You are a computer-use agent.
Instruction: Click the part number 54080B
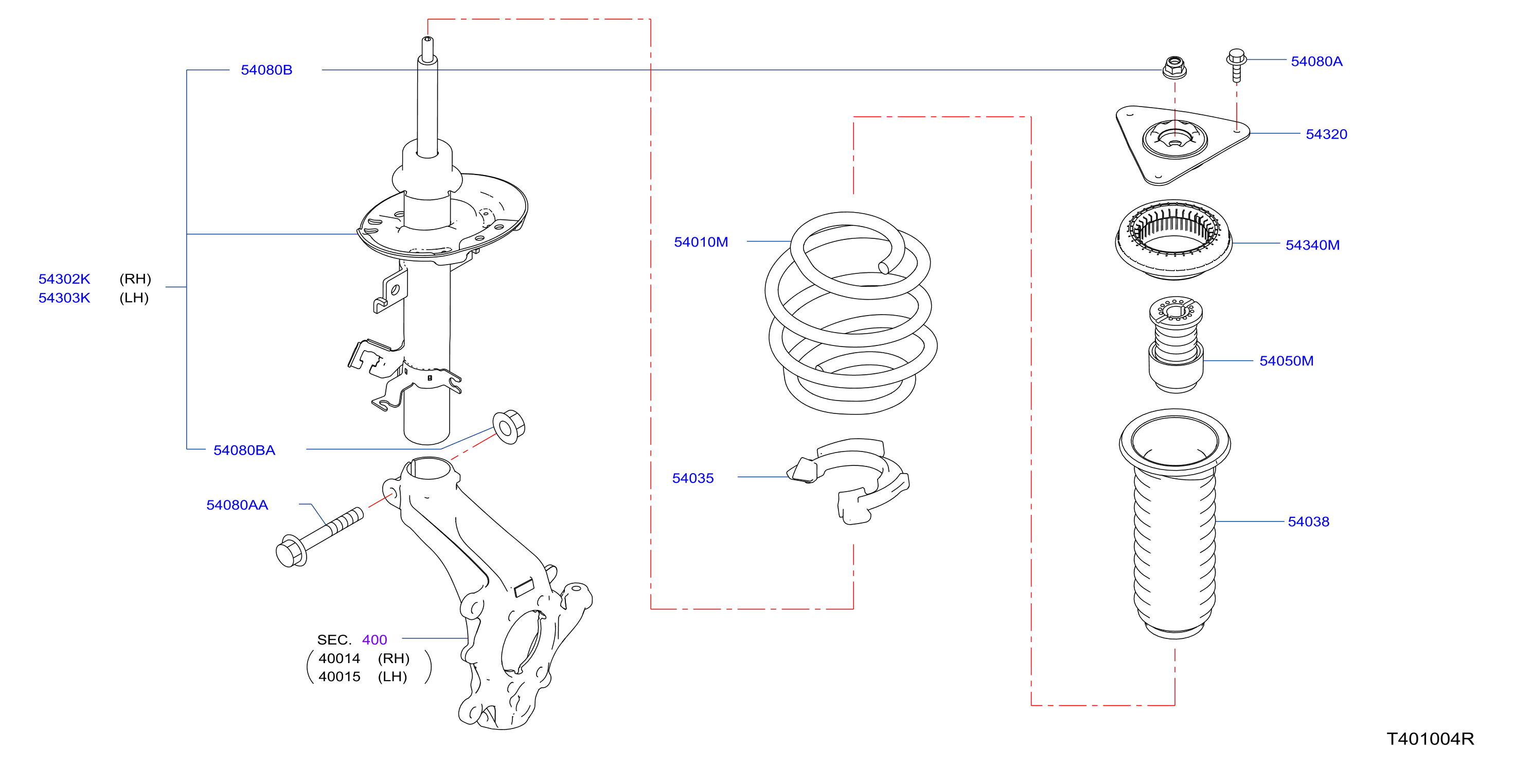(x=266, y=70)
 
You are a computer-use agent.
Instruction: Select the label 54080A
(x=1316, y=61)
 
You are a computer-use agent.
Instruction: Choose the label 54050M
(x=1286, y=361)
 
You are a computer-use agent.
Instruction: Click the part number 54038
(x=1308, y=522)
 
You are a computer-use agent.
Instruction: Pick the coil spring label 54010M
(x=701, y=242)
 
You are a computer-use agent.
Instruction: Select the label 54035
(x=693, y=478)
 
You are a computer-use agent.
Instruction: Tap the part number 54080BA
(x=244, y=450)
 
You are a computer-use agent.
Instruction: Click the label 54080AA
(x=237, y=505)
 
